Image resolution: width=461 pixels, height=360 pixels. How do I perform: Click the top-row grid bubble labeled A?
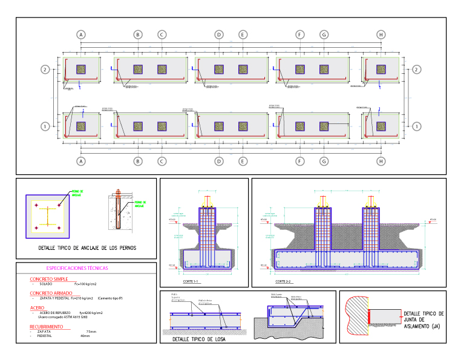coord(80,34)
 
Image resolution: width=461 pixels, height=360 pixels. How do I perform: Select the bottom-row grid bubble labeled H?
coord(381,162)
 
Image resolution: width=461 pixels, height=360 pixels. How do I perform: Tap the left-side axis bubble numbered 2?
coord(45,70)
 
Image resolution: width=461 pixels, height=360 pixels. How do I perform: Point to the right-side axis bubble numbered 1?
coord(416,126)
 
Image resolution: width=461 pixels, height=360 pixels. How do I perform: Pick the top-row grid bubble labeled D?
coord(218,34)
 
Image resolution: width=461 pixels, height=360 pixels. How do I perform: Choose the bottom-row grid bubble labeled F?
coord(299,162)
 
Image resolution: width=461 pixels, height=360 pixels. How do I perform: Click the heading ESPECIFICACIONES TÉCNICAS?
coord(77,268)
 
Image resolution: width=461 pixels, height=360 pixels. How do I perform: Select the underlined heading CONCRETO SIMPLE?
coord(48,279)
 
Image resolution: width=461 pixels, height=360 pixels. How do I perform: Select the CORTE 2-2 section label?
coord(283,282)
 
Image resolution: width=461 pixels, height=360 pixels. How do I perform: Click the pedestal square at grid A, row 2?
coord(81,70)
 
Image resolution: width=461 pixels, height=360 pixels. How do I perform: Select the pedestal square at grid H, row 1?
coord(381,126)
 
